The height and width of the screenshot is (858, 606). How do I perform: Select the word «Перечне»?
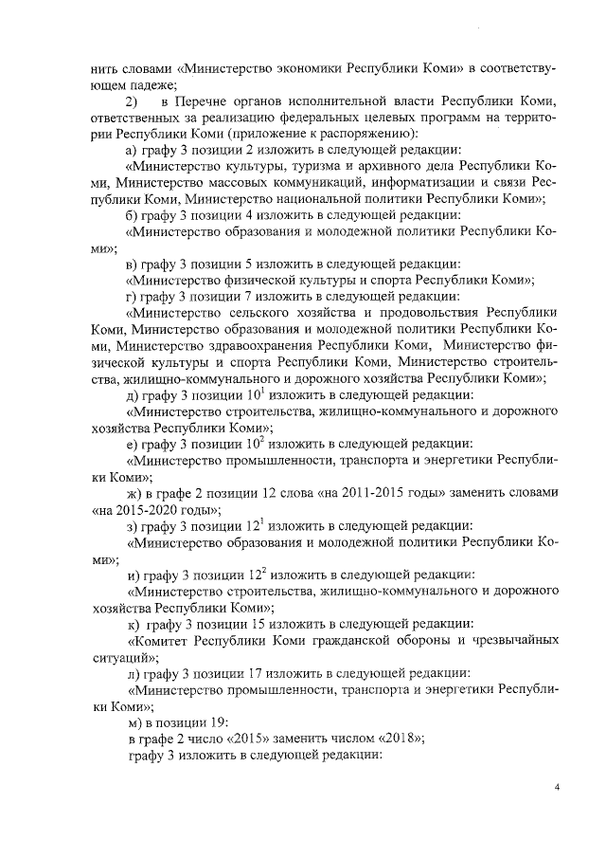coord(206,101)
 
